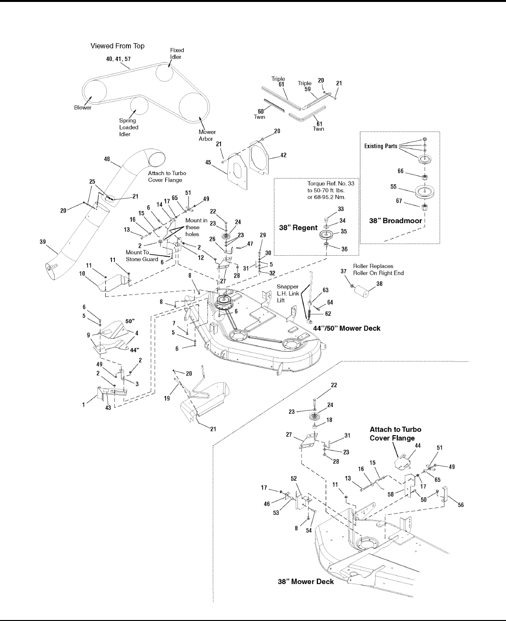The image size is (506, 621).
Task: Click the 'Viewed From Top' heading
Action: pos(117,46)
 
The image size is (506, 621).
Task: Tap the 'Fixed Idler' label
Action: pos(177,53)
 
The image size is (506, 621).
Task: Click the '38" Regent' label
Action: pos(299,227)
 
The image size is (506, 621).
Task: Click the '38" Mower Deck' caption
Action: pos(306,581)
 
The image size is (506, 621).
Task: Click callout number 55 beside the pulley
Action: pos(394,186)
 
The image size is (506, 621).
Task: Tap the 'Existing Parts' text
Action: pos(379,146)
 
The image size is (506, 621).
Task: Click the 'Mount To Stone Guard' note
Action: pos(142,255)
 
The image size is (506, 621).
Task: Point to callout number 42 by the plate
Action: pos(284,156)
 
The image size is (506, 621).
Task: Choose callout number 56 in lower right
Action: pos(460,505)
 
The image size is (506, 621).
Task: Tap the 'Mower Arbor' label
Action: pos(207,135)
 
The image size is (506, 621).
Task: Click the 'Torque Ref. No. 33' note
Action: pos(332,184)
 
